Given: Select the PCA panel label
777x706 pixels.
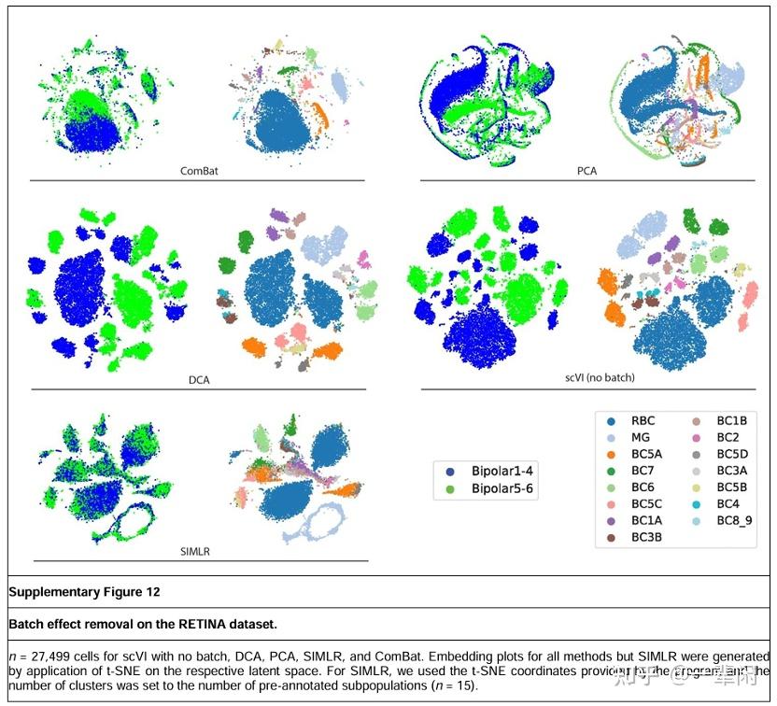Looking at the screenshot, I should click(587, 171).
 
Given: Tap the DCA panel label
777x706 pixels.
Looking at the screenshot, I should click(199, 380).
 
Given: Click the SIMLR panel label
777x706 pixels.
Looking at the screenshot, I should click(195, 551).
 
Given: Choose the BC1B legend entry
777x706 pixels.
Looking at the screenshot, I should click(731, 420).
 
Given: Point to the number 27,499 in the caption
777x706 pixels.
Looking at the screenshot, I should click(45, 657).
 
